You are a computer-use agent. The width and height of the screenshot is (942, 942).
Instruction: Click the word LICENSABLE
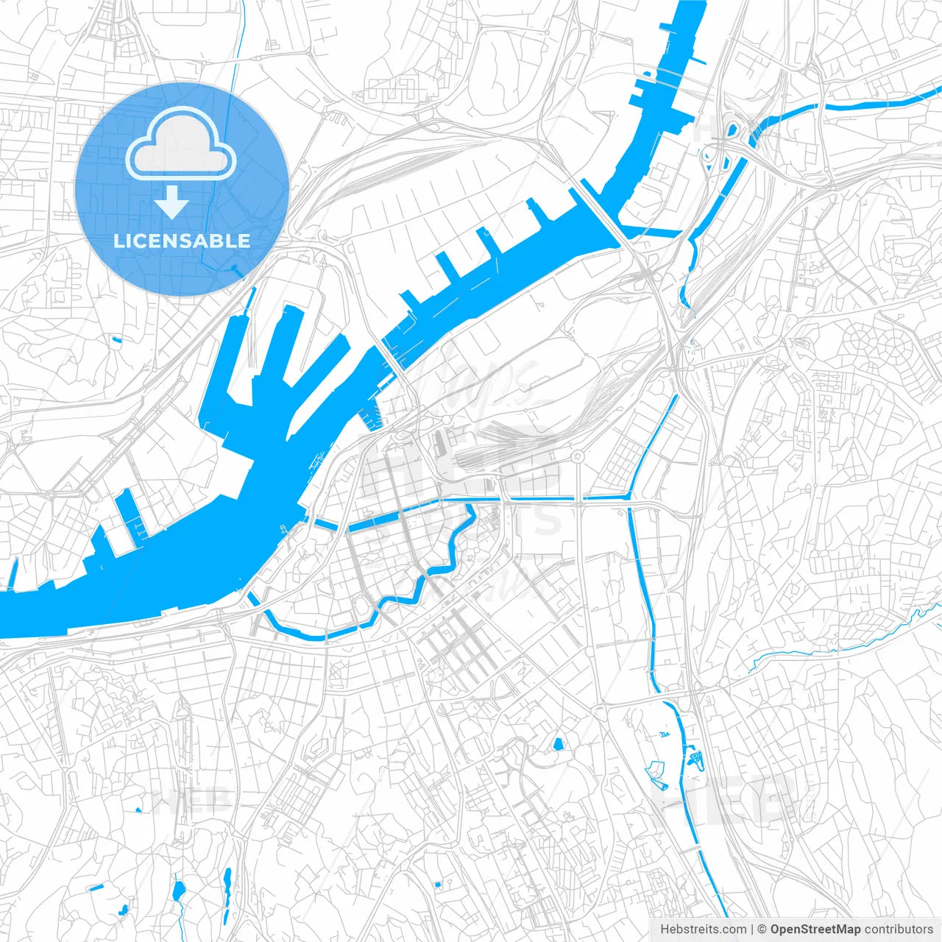(x=182, y=241)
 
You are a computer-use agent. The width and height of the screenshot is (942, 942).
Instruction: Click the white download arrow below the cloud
(x=172, y=202)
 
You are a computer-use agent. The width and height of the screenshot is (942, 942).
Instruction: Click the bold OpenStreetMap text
(x=815, y=929)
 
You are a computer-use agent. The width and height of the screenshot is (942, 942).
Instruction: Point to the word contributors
(x=899, y=929)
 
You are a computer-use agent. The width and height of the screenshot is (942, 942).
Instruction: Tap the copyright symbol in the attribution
(x=762, y=929)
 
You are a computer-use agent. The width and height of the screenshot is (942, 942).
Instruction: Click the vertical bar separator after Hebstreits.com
(x=752, y=929)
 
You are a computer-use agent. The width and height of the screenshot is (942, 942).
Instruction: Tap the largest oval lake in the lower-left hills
(x=178, y=891)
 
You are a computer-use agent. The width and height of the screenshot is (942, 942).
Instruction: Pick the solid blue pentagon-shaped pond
(x=558, y=743)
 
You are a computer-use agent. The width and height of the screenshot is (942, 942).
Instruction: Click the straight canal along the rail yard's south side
(x=530, y=500)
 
